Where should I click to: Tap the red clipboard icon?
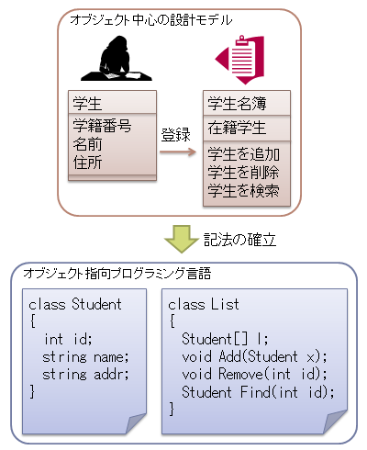(240, 60)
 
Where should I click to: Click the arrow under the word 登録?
(178, 152)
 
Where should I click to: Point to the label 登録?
(176, 135)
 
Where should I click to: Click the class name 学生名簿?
(237, 103)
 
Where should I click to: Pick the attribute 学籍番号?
(102, 126)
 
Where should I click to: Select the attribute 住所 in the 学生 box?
(87, 163)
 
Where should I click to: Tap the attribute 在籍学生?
(237, 128)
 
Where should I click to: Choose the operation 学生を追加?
(244, 154)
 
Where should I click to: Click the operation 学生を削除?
(243, 173)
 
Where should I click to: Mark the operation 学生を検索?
(243, 191)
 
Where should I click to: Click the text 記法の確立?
(240, 240)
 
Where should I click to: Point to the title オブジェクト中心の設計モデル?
(151, 20)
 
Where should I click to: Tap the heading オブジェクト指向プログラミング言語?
(117, 273)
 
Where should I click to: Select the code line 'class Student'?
(75, 305)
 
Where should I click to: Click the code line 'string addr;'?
(85, 375)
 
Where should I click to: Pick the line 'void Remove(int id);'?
(255, 374)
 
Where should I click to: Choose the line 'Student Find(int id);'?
(258, 392)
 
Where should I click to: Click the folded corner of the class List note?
(336, 422)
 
